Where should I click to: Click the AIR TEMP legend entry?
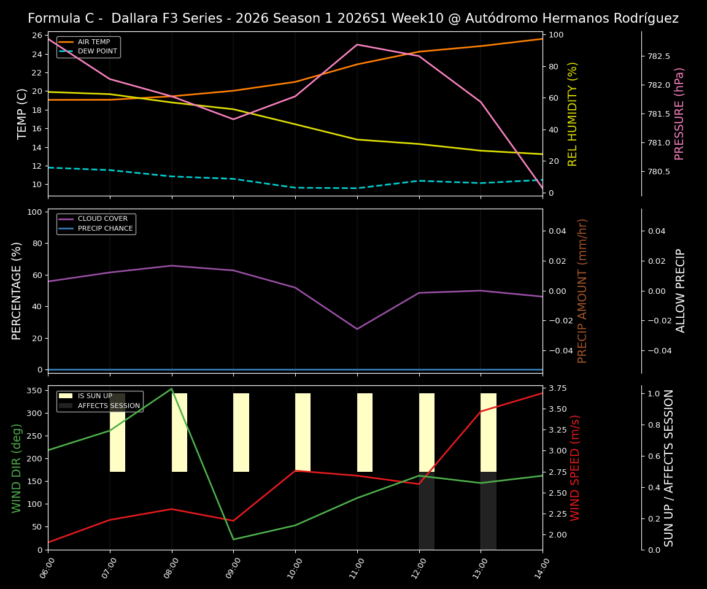click(x=93, y=42)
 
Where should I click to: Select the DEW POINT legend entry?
click(x=97, y=52)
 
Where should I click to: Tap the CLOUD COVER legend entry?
click(x=102, y=219)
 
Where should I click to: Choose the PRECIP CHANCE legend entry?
click(x=105, y=229)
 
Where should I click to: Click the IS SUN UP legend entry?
click(x=95, y=396)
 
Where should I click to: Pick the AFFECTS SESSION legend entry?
click(x=109, y=406)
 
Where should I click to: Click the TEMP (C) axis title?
click(x=22, y=114)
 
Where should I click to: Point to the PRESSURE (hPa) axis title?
click(x=679, y=114)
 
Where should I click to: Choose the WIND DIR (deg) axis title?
click(x=17, y=468)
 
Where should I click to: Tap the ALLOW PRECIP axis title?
click(x=681, y=291)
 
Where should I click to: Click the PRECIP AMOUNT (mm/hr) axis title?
click(x=582, y=291)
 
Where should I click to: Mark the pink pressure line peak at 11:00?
click(x=357, y=44)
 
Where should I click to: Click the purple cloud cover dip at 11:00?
click(x=357, y=329)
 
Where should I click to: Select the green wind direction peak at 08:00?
click(x=172, y=388)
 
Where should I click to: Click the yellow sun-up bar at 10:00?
click(x=303, y=433)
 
